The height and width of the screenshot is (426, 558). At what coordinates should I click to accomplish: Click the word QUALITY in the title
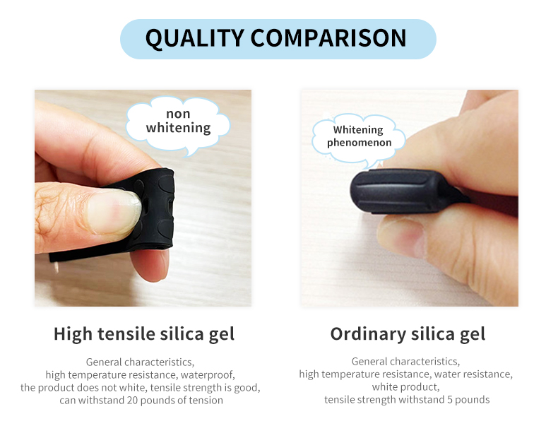195,38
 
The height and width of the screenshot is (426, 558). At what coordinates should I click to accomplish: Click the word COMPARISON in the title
328,37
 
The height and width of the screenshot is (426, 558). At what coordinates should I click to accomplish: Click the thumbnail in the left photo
113,212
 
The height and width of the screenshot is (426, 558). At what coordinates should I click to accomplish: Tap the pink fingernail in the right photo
402,237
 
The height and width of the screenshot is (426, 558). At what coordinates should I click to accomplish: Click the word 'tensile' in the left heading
126,334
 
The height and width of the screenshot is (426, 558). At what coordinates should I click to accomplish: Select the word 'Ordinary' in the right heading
368,335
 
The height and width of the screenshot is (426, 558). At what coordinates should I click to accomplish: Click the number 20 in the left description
132,401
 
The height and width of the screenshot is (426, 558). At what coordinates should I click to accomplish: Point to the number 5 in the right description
450,400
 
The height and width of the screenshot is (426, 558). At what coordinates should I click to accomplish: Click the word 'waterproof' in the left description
206,375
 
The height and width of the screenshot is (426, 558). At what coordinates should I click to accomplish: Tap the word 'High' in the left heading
73,335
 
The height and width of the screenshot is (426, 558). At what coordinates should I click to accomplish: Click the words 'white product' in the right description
405,387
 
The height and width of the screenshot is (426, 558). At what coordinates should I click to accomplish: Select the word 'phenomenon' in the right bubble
359,143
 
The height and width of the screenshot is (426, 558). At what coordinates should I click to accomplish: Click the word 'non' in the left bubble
178,114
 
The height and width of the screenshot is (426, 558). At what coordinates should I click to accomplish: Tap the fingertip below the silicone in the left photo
150,265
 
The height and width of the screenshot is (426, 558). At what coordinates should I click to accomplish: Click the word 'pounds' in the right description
473,400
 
